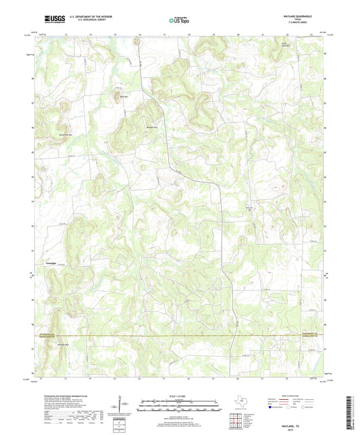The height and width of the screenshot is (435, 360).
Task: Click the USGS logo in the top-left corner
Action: [51, 20]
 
